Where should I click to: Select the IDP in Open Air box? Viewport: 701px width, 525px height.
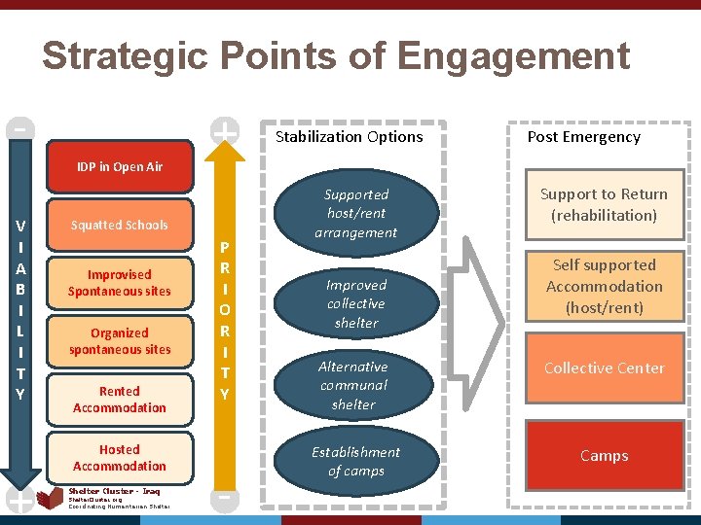coord(120,166)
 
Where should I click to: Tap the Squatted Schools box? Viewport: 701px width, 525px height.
coord(120,225)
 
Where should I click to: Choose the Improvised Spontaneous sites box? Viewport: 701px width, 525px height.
coord(120,283)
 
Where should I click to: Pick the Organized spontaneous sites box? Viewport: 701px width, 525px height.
coord(120,341)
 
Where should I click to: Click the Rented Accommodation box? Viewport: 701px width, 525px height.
coord(120,400)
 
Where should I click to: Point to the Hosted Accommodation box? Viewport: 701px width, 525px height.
coord(120,457)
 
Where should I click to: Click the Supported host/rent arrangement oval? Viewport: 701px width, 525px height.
coord(355,214)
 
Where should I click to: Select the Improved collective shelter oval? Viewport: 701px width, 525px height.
coord(355,303)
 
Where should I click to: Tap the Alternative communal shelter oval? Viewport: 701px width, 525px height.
coord(353,385)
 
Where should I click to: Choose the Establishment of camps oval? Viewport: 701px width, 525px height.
coord(355,461)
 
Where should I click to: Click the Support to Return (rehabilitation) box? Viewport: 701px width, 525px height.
coord(605,205)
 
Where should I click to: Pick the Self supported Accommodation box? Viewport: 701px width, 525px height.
coord(605,286)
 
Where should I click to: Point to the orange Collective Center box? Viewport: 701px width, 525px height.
coord(605,368)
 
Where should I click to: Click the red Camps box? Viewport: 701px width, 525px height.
coord(605,455)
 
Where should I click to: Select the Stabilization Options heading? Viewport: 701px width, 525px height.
coord(350,137)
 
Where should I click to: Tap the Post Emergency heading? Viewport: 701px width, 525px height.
coord(584,137)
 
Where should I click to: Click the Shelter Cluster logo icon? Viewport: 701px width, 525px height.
coord(50,499)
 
